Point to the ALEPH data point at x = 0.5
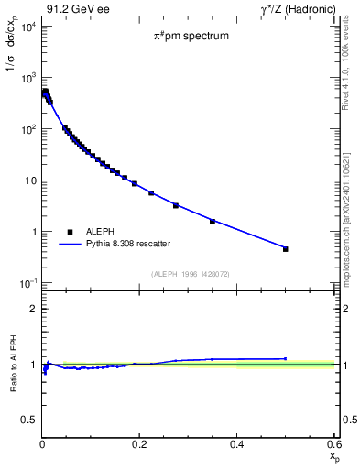click(286, 249)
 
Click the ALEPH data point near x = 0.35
click(213, 222)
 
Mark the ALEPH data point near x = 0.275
click(176, 205)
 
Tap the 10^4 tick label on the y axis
click(27, 26)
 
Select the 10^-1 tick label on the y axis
click(27, 283)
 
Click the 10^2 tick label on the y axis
click(27, 129)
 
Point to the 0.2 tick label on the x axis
click(140, 444)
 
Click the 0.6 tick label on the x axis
click(333, 444)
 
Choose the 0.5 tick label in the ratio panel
click(29, 420)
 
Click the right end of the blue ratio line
click(286, 358)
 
